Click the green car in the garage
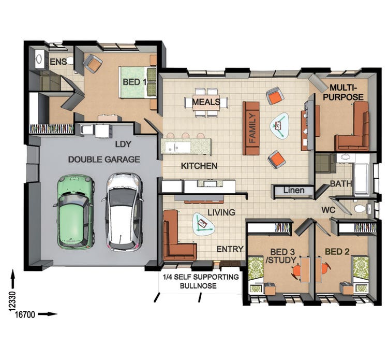(73, 211)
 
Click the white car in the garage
(124, 211)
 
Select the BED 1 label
(135, 82)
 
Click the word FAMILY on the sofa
(252, 128)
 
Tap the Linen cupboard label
(293, 191)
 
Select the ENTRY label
(230, 249)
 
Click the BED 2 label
(337, 252)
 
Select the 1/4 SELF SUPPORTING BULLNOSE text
(201, 281)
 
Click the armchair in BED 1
(93, 63)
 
